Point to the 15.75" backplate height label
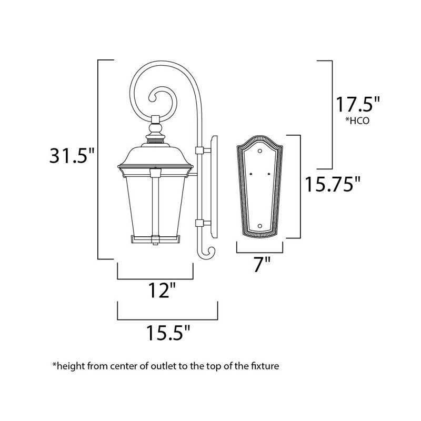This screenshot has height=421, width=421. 334,185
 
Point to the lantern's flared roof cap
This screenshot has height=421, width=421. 155,156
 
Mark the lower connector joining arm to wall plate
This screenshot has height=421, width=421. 199,223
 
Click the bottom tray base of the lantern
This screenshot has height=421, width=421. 155,240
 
